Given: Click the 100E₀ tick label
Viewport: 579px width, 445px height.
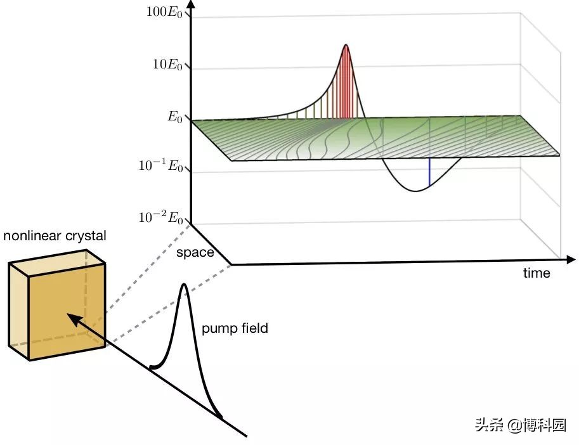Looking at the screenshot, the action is (x=164, y=12).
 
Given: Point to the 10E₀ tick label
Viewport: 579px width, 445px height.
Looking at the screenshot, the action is (x=167, y=65).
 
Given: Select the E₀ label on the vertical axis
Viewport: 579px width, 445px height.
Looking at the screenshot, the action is (x=175, y=117).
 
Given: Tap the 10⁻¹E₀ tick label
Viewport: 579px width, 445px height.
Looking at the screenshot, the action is (x=161, y=165).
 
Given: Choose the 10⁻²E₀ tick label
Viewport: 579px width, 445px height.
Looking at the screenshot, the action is (x=161, y=217).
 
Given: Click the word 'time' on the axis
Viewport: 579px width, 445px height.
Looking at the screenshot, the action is (x=537, y=273).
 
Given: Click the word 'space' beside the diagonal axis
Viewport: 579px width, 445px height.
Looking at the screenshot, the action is (x=195, y=253).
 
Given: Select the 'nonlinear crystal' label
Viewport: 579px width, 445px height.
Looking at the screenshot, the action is (x=55, y=236).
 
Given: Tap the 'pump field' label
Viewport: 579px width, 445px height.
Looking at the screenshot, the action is (x=235, y=328).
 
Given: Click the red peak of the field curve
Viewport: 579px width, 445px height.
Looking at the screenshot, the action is (x=346, y=46).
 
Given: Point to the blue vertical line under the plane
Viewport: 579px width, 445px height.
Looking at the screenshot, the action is (x=429, y=172).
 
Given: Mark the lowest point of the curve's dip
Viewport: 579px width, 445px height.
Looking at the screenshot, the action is (x=416, y=191).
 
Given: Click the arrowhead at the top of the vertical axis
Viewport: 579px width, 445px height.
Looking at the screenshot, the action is (x=190, y=5).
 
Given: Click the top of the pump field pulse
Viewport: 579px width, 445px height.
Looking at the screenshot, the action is (x=184, y=284).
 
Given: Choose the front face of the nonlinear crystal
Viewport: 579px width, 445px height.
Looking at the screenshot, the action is (x=67, y=311).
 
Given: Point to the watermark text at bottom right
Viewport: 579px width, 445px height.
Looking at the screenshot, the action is (x=520, y=425).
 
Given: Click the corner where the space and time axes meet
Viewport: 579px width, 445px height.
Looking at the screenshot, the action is (x=231, y=264).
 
